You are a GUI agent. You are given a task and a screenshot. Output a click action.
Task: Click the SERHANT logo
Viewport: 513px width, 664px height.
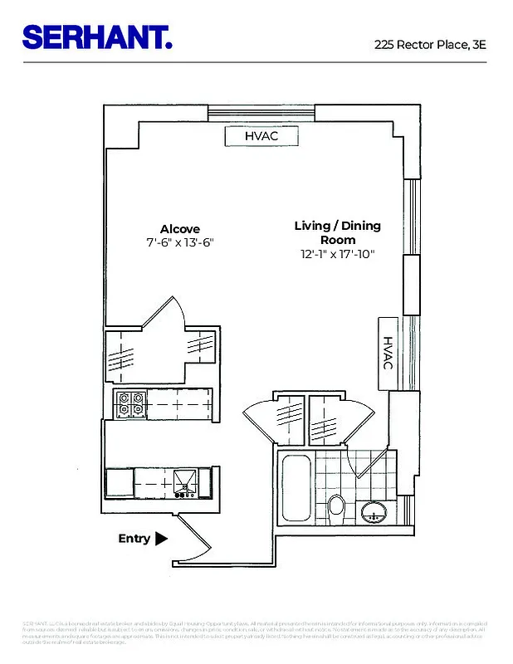click(x=97, y=37)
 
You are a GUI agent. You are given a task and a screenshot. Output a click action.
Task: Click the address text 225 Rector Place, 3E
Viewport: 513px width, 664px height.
click(x=429, y=45)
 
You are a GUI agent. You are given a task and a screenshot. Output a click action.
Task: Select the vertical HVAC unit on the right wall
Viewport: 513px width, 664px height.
click(x=388, y=354)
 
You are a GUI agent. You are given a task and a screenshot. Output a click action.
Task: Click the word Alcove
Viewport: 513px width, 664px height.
click(x=180, y=229)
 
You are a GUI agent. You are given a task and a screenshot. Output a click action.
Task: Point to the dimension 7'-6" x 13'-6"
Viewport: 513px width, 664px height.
click(x=180, y=243)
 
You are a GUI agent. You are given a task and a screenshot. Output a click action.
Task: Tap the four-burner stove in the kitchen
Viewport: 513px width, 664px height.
click(x=130, y=404)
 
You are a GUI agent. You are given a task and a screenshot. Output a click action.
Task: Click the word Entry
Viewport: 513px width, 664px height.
click(x=134, y=539)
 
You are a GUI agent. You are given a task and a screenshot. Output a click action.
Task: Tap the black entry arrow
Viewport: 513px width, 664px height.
click(x=161, y=539)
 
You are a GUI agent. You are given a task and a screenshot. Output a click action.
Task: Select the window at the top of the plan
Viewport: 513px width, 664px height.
click(x=261, y=114)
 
